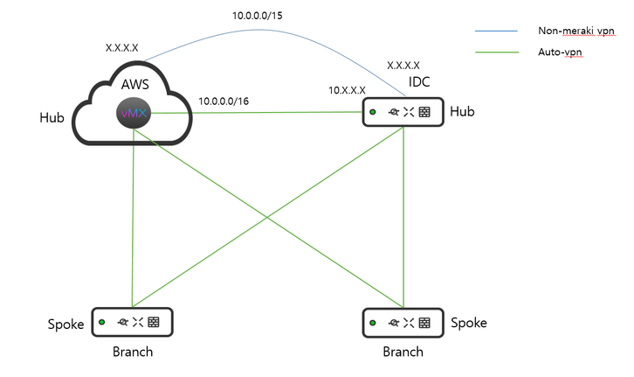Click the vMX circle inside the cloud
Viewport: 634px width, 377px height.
coord(134,114)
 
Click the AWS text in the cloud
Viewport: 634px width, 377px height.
coord(134,86)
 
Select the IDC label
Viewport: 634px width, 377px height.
coord(420,81)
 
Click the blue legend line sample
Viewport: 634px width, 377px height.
coord(497,31)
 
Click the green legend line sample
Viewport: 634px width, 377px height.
coord(497,52)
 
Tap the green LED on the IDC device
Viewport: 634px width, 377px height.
coord(372,112)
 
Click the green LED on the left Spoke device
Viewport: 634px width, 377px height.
coord(101,321)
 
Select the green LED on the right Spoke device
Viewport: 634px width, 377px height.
coord(373,322)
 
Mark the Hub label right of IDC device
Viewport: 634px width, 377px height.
coord(464,111)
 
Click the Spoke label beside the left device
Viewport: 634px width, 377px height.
coord(65,325)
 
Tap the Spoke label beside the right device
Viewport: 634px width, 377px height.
coord(470,323)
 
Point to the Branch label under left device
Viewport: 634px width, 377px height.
coord(133,353)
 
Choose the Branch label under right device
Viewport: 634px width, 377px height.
coord(403,352)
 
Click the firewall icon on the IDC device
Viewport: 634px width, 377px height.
coord(424,112)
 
